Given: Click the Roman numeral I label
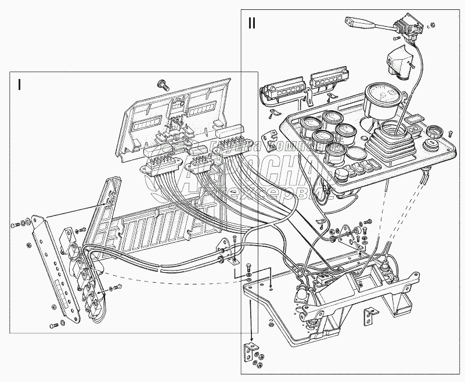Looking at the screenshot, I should pyautogui.click(x=20, y=85).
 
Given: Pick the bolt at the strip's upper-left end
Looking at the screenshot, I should pyautogui.click(x=13, y=224).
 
